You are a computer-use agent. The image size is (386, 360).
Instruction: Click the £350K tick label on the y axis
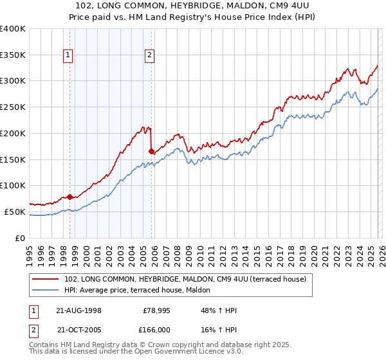[13, 55]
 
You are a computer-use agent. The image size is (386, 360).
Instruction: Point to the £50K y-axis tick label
[15, 212]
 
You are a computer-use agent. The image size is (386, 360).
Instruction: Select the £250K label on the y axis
[13, 107]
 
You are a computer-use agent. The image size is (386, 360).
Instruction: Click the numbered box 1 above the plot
[68, 56]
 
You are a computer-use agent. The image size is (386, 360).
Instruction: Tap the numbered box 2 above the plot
[150, 56]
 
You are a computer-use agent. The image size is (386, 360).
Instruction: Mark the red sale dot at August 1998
[70, 197]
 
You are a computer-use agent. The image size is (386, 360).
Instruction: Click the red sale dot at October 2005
[152, 152]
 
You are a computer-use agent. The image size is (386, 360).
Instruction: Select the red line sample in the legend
[46, 279]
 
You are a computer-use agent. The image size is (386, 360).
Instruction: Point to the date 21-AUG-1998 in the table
[79, 310]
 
